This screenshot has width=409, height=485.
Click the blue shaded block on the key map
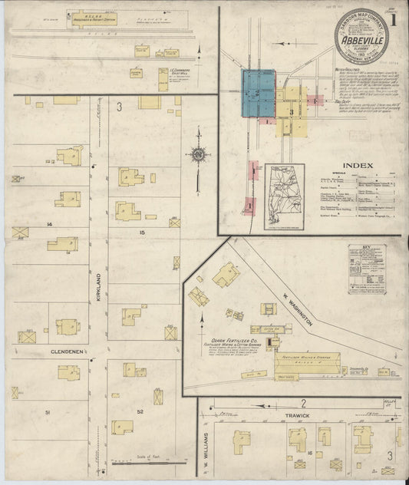259,94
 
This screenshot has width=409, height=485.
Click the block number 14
48,223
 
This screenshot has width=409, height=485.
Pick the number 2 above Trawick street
304,403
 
